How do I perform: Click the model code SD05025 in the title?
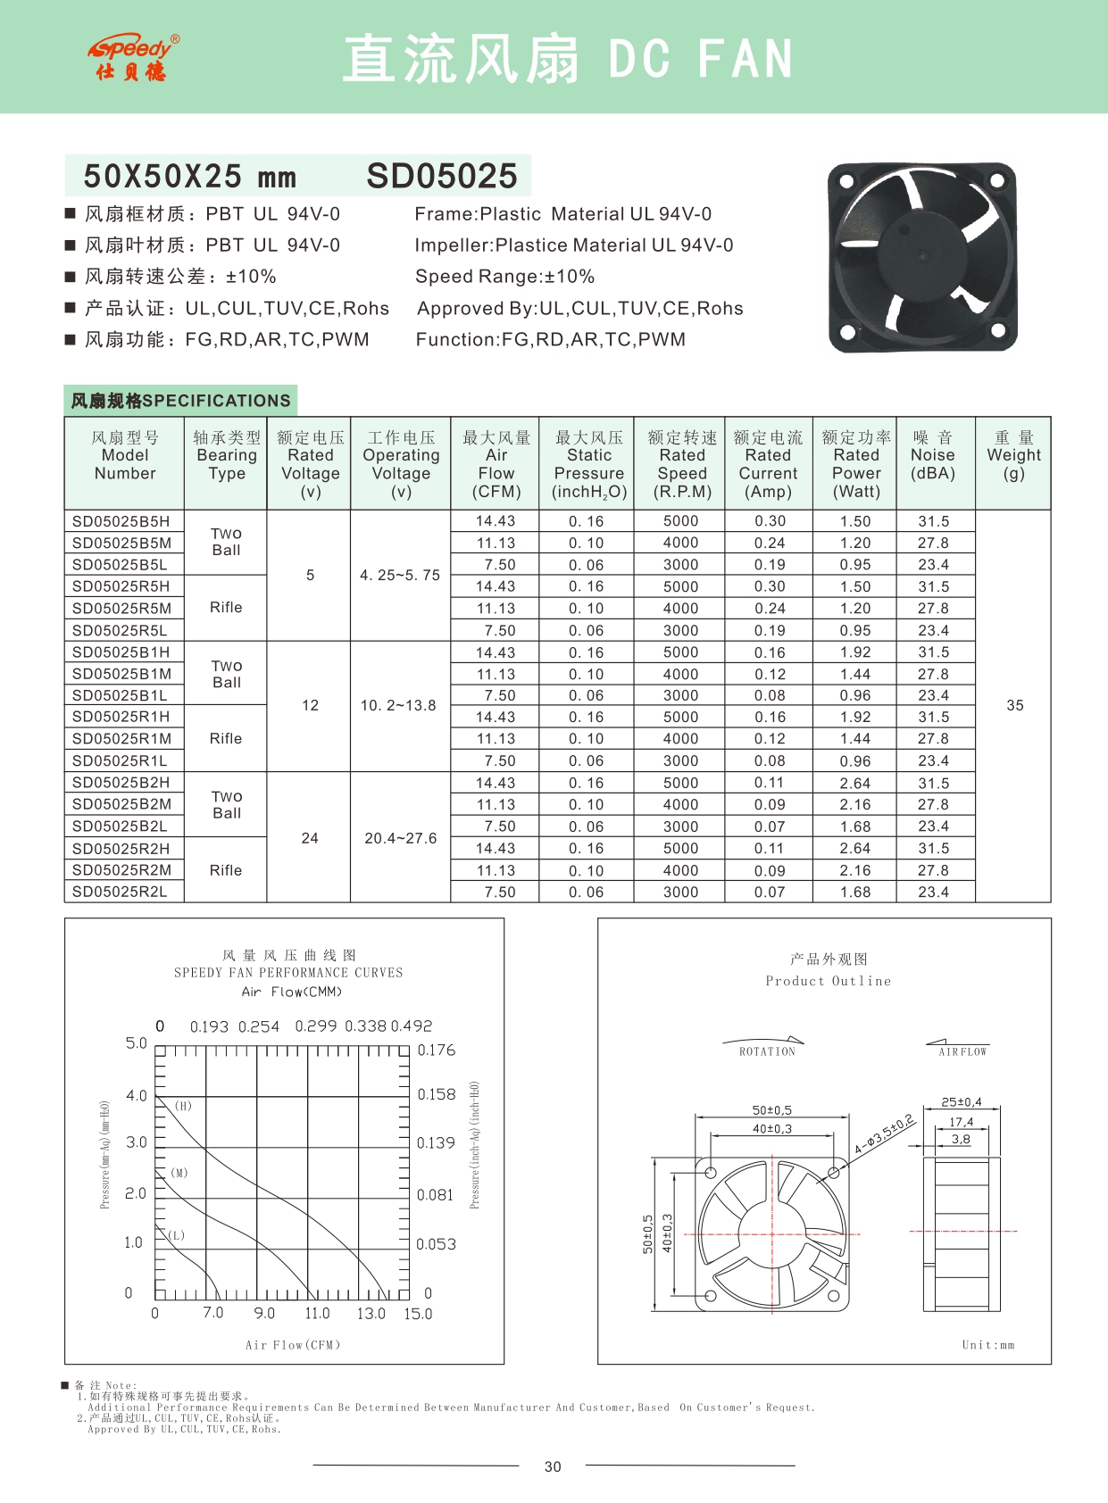point(442,176)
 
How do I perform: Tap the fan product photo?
point(922,257)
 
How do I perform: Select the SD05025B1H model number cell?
point(121,652)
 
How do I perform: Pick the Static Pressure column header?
point(589,464)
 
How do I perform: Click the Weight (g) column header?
point(1013,455)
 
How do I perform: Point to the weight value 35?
point(1015,705)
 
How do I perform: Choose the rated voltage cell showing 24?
point(310,838)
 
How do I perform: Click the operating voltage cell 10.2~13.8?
point(398,705)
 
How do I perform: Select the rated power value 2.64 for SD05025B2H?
point(855,783)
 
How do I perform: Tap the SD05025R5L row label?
point(120,630)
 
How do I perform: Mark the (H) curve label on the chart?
point(183,1106)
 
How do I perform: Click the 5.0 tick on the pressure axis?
point(136,1043)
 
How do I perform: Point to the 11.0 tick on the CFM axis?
point(317,1314)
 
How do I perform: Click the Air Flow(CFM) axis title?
point(293,1345)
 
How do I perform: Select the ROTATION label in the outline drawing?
point(767,1052)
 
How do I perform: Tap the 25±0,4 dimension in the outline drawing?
point(962,1102)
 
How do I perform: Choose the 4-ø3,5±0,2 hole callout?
point(884,1134)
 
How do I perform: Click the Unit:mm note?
point(988,1345)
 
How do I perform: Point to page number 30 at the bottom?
point(553,1466)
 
